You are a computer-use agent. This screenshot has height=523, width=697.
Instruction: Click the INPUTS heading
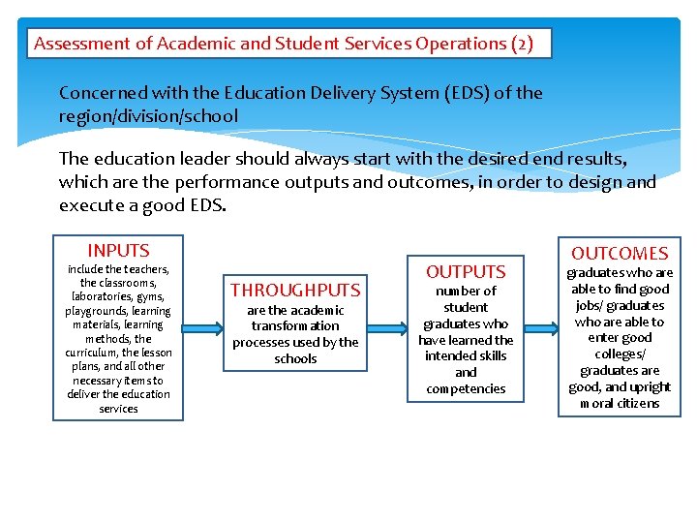118,250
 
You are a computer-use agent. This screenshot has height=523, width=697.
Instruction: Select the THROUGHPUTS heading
295,290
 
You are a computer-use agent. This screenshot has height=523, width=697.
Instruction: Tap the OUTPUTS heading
466,272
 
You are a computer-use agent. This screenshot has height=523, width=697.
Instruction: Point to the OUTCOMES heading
620,253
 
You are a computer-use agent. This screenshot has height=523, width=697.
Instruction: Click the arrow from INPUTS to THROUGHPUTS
205,325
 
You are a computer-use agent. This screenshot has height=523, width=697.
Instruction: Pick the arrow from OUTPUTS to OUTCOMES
538,325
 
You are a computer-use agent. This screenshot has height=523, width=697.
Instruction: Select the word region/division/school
148,116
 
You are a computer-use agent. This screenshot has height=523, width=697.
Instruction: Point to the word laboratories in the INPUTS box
105,296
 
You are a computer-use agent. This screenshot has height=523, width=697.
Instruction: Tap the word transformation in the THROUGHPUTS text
295,326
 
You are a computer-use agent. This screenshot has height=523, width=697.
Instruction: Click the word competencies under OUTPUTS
466,388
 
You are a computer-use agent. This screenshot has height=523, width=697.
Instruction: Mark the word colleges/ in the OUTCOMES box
620,354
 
